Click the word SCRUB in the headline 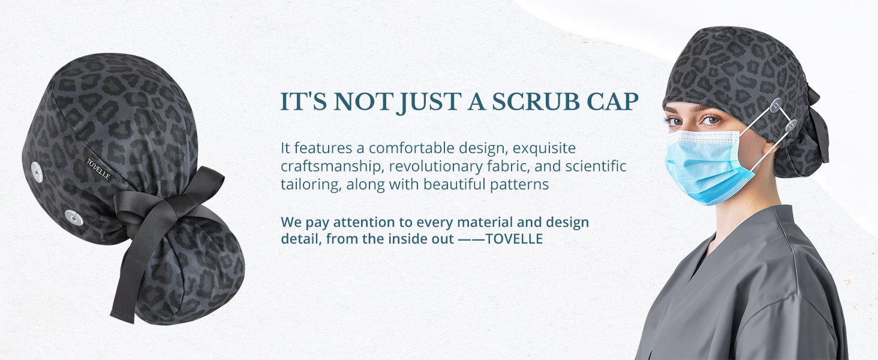(x=536, y=101)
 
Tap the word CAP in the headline (x=613, y=101)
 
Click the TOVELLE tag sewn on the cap (x=98, y=169)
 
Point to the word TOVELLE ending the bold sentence (x=514, y=239)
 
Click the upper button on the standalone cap (x=37, y=172)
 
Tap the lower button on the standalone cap (x=74, y=218)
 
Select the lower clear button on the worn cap (x=791, y=125)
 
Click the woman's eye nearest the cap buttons (x=710, y=119)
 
